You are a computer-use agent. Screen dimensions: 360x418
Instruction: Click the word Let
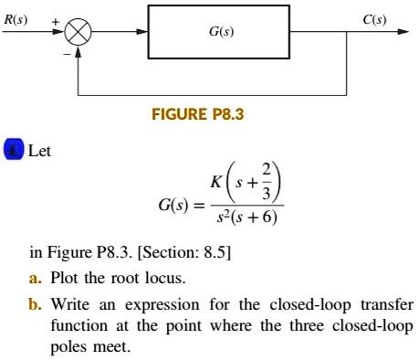click(40, 151)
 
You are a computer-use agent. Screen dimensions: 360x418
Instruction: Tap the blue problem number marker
click(13, 151)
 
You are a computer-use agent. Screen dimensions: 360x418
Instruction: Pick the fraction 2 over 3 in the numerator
click(266, 182)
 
